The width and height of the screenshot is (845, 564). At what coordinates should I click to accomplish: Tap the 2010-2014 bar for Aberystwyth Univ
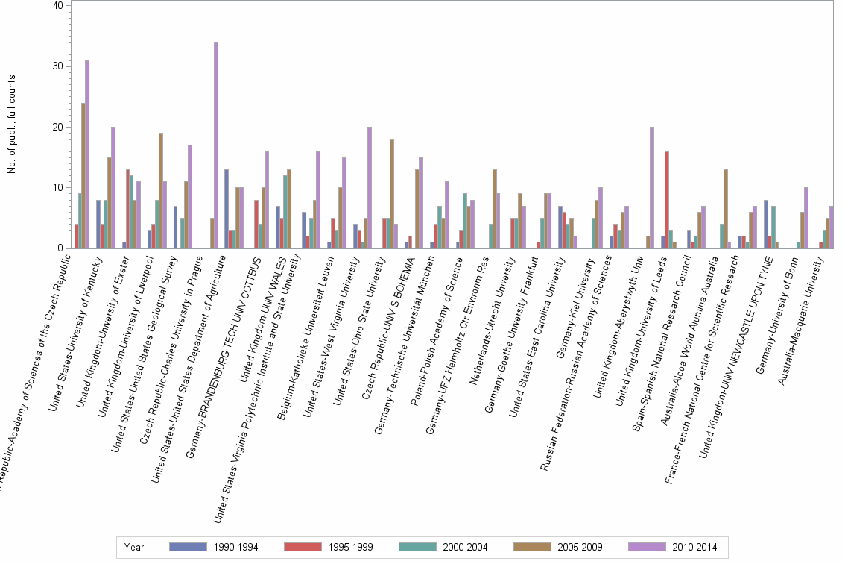point(652,187)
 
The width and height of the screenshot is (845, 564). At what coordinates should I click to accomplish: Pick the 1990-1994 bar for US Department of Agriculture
point(227,208)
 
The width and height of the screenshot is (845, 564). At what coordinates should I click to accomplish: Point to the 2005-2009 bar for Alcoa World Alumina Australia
point(725,208)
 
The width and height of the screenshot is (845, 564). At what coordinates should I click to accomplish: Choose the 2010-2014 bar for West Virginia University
point(370,187)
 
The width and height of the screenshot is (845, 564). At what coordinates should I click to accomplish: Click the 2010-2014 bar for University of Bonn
point(806,217)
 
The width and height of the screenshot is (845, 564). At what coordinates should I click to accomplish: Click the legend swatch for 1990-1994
point(189,547)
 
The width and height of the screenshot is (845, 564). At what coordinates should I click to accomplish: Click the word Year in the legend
point(134,547)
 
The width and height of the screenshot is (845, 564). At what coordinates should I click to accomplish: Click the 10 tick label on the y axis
point(57,187)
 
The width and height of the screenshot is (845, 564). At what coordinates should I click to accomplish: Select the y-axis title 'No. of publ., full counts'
point(13,127)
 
